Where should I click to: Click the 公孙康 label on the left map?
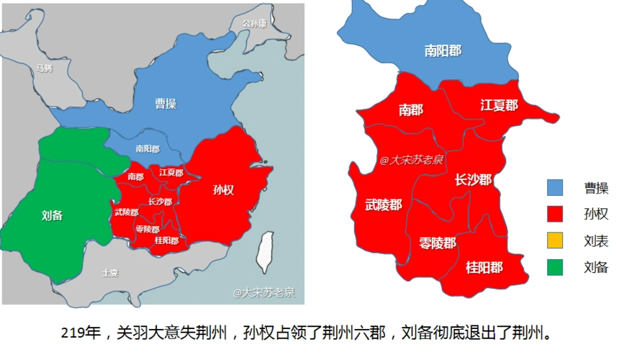[254, 23]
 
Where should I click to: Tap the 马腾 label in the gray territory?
[44, 68]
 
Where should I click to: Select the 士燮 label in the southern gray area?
[109, 273]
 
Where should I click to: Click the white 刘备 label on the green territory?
[53, 215]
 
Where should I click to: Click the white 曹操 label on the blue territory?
[166, 104]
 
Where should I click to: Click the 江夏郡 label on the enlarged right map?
[499, 105]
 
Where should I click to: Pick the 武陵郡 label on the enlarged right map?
[384, 204]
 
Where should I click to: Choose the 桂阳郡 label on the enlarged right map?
[484, 267]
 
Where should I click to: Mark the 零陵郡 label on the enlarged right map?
[438, 243]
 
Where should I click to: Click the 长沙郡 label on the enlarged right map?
[473, 179]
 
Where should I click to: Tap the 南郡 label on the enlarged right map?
[410, 109]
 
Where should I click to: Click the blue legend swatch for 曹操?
[554, 188]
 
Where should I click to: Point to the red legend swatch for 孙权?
[554, 215]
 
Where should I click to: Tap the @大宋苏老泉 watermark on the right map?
[412, 160]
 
